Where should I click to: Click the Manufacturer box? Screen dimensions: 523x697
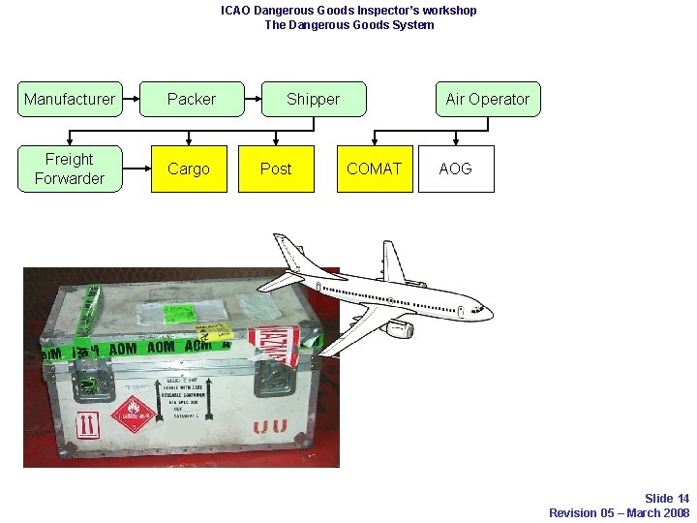(x=70, y=99)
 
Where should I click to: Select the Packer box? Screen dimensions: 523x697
(x=192, y=99)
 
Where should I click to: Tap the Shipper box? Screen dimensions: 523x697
(x=314, y=99)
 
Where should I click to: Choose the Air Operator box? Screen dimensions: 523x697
(x=488, y=99)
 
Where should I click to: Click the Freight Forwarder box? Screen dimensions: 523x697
(x=70, y=169)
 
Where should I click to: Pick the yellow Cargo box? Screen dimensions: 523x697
(x=189, y=169)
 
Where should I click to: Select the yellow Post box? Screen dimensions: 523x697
(x=276, y=169)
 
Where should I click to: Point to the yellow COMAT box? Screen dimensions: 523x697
(x=375, y=169)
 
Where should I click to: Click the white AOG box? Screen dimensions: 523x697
(x=456, y=169)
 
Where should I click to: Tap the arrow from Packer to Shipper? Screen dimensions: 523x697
(x=253, y=99)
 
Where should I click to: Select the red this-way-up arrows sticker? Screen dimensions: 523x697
(x=88, y=423)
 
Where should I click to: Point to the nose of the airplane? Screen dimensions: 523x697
(x=488, y=313)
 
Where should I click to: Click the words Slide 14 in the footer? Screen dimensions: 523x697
(x=667, y=499)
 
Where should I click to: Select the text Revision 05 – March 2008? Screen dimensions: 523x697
(x=619, y=512)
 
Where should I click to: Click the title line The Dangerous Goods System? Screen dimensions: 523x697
(x=348, y=24)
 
